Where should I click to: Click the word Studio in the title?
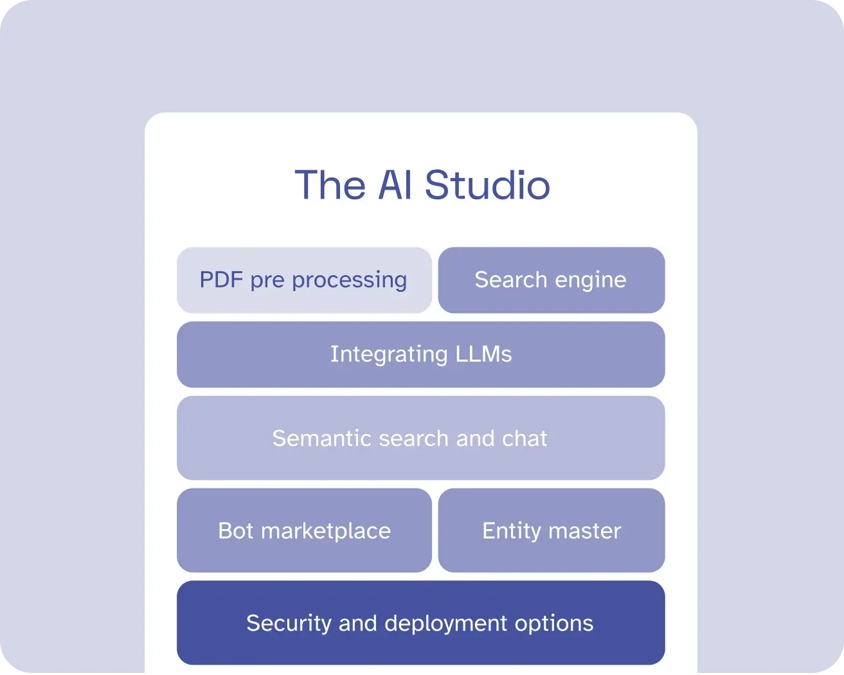[x=487, y=184]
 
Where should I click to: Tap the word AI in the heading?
[x=395, y=184]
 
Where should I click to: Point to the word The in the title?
[x=330, y=184]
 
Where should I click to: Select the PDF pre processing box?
[x=304, y=280]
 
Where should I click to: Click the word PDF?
[x=221, y=280]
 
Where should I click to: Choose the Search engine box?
[x=552, y=280]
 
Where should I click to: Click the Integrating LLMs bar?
[x=421, y=355]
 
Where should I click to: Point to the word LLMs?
[x=483, y=354]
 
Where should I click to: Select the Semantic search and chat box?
[x=421, y=438]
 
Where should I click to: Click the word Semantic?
[x=321, y=438]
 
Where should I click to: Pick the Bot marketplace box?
[x=304, y=530]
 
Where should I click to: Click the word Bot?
[x=236, y=530]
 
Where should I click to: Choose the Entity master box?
[x=552, y=530]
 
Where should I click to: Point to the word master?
[x=585, y=531]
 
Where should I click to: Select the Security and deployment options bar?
[x=421, y=623]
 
